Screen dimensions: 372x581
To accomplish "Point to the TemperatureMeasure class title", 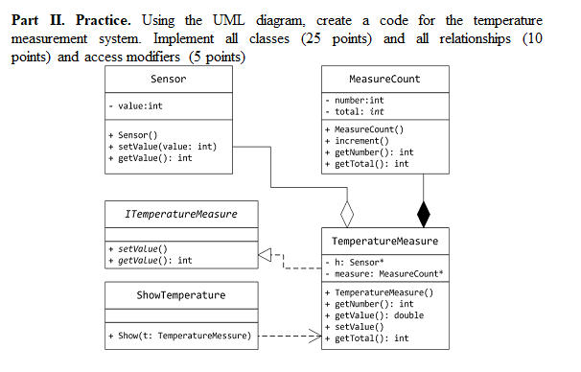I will (384, 240).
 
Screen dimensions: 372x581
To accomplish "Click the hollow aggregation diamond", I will (347, 211).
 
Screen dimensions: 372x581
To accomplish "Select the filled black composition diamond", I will (423, 211).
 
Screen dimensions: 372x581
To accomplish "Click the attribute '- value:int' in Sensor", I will (136, 106).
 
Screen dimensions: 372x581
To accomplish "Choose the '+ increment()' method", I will (360, 140).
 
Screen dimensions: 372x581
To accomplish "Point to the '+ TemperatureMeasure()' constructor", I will (380, 291).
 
